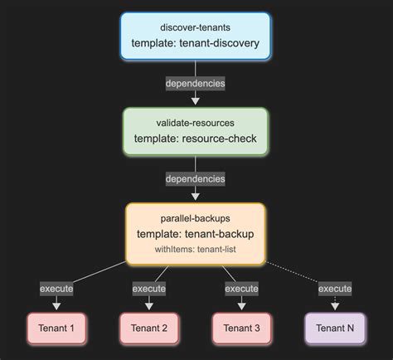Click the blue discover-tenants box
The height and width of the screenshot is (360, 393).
coord(196,36)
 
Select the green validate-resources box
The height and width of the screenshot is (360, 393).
coord(196,131)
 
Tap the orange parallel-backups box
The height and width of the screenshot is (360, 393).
coord(196,234)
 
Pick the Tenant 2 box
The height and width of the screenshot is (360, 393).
coord(150,328)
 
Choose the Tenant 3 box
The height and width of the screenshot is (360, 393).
coord(242,328)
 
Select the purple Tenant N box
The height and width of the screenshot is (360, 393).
coord(335,328)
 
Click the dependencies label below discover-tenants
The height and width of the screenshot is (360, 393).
coord(196,84)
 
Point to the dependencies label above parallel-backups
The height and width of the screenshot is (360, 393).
coord(196,178)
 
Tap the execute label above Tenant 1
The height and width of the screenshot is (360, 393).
coord(57,289)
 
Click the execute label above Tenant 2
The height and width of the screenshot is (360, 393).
coord(150,289)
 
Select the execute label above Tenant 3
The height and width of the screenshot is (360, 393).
coord(242,289)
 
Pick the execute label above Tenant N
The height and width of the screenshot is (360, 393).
coord(335,289)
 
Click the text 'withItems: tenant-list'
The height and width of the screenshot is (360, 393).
coord(196,250)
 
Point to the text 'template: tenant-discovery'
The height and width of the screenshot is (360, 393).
coord(196,43)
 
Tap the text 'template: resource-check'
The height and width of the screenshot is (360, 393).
coord(196,139)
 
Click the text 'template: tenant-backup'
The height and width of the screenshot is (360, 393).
coord(196,234)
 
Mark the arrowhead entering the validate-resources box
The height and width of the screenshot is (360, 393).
coord(196,103)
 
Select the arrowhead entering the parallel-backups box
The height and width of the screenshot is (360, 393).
coord(196,198)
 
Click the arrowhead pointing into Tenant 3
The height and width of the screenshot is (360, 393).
coord(242,308)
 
